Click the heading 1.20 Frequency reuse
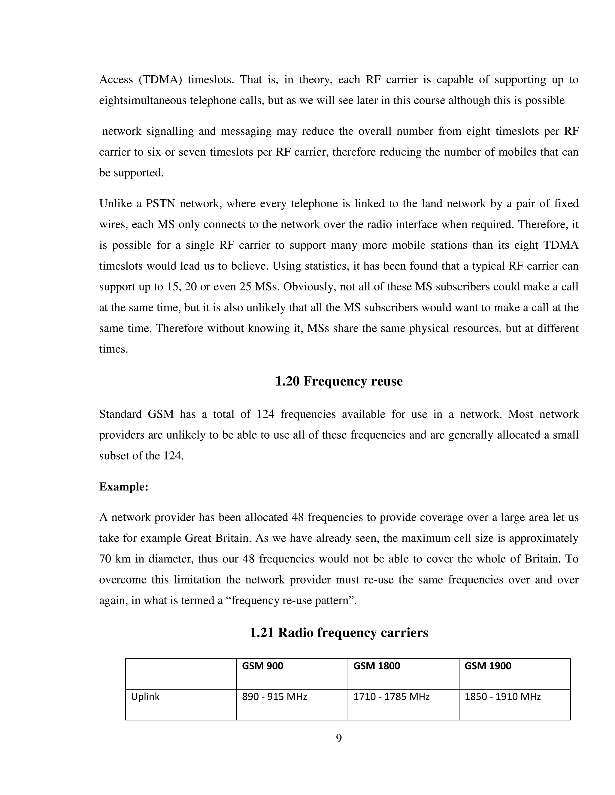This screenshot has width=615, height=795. coord(338,381)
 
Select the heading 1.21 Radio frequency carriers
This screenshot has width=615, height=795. coord(338,633)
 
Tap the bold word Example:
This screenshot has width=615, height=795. coord(123,487)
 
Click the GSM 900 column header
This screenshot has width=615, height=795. coord(262,666)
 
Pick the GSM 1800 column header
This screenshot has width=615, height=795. coord(376,666)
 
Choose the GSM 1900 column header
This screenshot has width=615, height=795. coord(487,666)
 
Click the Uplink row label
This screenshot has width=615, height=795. coord(145,697)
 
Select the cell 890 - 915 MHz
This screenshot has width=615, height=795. coord(274,697)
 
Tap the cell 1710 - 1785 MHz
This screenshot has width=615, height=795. coord(391,697)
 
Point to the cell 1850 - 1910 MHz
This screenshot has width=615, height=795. coord(502,697)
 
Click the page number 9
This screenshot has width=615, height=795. coord(338,739)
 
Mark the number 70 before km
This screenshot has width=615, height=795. coord(105,559)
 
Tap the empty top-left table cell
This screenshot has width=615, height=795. coord(181,673)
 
